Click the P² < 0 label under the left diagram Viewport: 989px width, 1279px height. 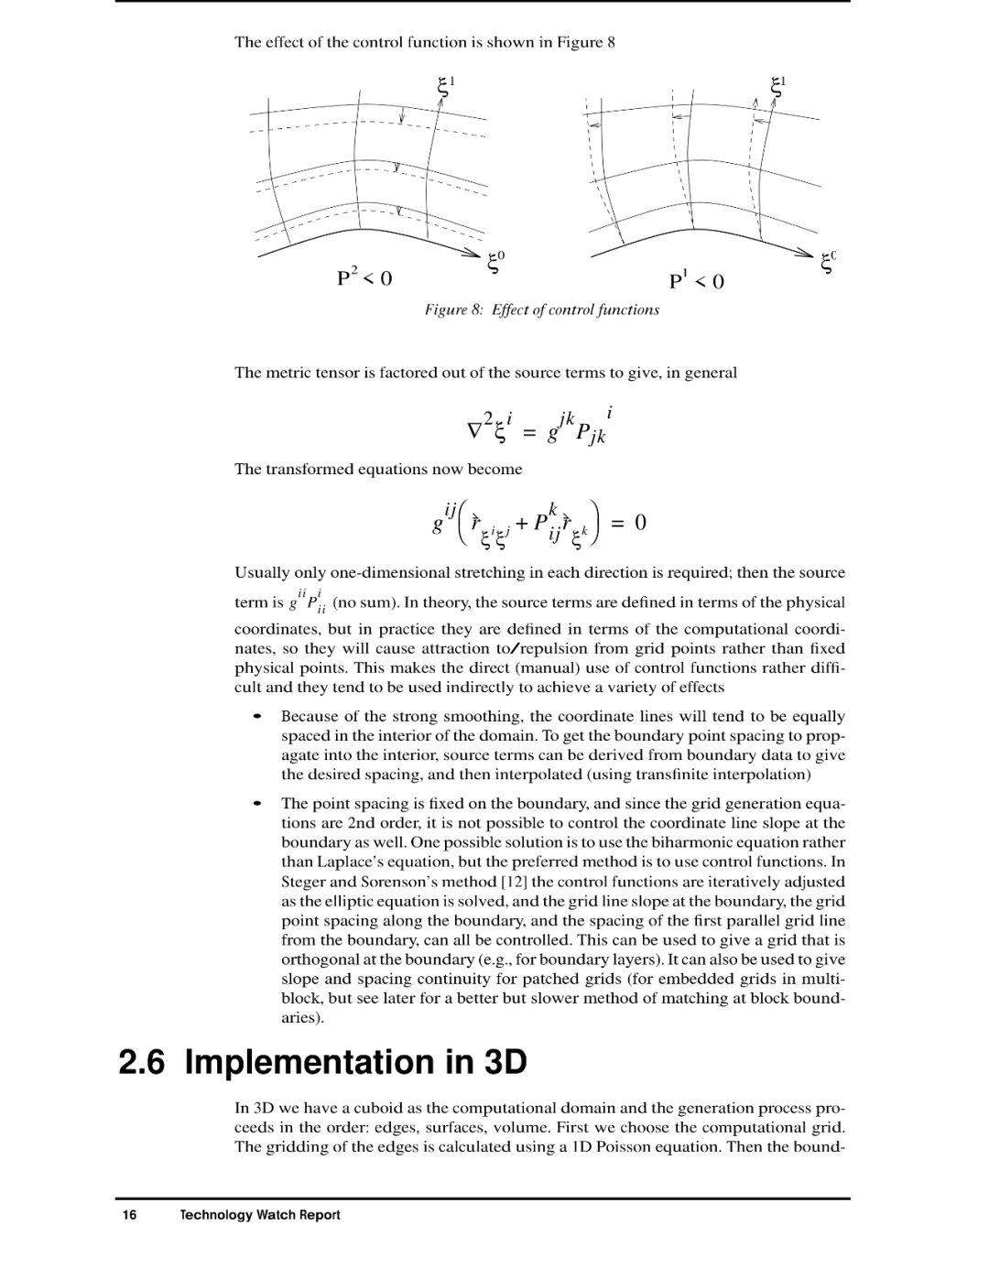point(364,276)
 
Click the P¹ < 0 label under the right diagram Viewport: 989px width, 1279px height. point(696,280)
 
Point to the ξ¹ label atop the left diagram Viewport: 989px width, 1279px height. point(447,85)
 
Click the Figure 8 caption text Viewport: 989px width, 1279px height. point(541,309)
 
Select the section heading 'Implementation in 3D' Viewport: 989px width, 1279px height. point(356,1062)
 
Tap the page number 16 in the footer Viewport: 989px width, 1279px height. point(129,1215)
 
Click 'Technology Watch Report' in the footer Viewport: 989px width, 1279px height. point(260,1215)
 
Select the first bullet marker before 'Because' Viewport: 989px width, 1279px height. point(258,716)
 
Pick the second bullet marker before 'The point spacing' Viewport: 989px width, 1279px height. point(258,803)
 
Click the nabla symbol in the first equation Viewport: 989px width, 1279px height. point(474,428)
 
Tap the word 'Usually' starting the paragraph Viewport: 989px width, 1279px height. point(262,572)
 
